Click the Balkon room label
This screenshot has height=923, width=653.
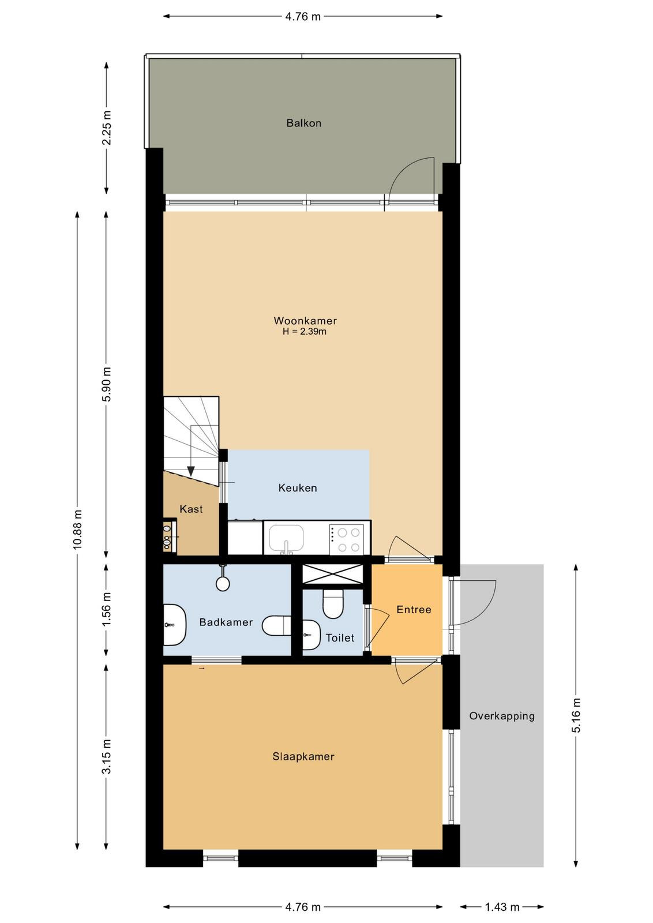click(303, 123)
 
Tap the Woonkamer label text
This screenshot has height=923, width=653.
click(305, 320)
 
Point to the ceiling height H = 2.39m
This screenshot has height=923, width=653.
click(305, 331)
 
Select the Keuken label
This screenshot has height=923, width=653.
click(298, 488)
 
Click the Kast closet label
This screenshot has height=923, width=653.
click(191, 509)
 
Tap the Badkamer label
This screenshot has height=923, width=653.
click(226, 622)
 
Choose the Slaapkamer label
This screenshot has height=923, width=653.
click(303, 756)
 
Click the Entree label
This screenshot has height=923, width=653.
click(414, 609)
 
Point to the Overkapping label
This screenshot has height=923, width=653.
click(502, 716)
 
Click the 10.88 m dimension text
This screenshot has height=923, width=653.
click(77, 529)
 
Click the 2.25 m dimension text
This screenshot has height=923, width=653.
click(107, 127)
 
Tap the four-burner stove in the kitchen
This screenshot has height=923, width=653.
click(348, 539)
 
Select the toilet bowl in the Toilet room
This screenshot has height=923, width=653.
click(333, 603)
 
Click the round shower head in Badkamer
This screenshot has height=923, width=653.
click(223, 583)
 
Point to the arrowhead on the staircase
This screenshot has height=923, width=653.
click(191, 471)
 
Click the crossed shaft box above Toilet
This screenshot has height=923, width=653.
click(333, 574)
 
